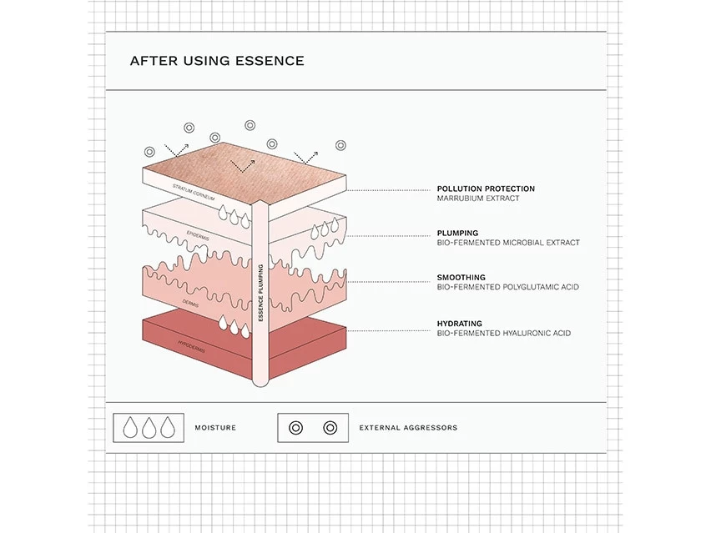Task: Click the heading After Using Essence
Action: point(217,61)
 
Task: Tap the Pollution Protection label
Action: point(486,189)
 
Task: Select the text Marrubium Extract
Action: point(478,199)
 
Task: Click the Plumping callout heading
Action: point(458,234)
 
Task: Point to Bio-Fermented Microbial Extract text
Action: point(508,244)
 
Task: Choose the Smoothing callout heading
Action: point(461,278)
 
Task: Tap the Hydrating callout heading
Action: point(460,324)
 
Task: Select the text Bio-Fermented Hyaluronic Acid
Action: point(504,334)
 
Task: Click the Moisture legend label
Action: point(215,428)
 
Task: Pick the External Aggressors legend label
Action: point(408,428)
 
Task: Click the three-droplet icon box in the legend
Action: point(149,428)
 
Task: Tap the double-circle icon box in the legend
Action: point(312,428)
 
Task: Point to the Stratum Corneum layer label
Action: point(193,193)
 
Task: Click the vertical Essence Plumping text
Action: point(261,293)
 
